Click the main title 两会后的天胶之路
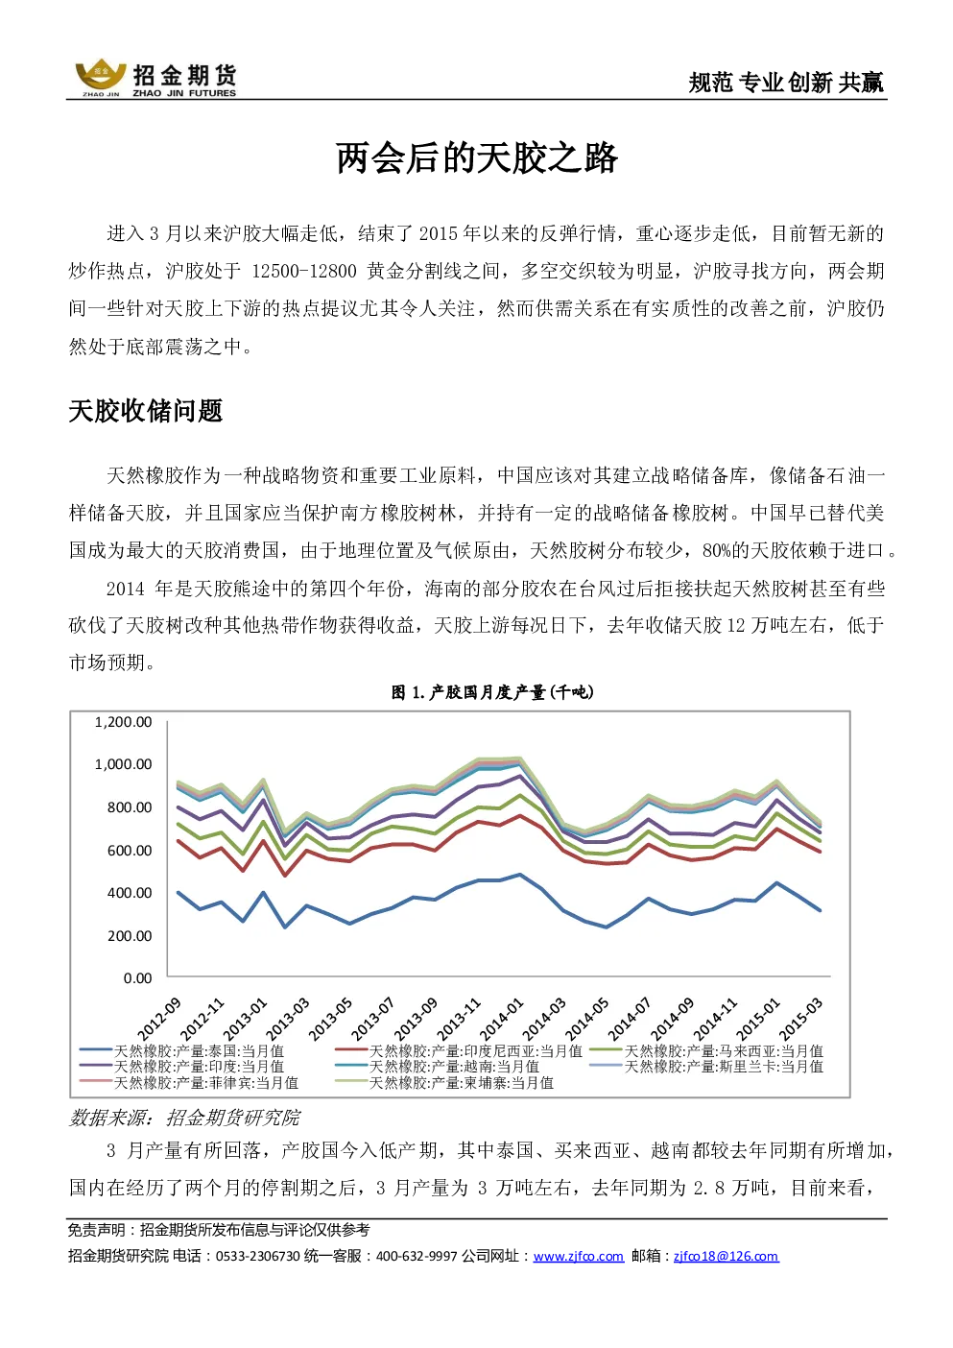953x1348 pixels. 476,158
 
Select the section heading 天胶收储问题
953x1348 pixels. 146,411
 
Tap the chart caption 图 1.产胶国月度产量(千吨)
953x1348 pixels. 492,692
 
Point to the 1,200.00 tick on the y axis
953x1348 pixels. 124,722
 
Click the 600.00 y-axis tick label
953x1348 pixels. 130,851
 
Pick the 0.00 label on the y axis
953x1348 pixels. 137,978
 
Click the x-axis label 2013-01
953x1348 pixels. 245,1019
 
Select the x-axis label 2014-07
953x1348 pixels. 629,1019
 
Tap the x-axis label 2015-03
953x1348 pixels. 800,1019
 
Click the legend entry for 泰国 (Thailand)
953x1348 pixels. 181,1051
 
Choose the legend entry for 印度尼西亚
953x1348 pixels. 459,1051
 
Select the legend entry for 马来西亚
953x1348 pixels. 706,1051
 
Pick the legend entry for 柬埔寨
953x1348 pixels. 444,1083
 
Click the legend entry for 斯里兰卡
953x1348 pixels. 706,1067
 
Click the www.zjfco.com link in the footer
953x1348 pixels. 578,1257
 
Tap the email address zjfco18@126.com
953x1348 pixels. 726,1257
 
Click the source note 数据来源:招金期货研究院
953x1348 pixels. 184,1118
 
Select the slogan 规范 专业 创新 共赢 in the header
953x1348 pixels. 786,83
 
